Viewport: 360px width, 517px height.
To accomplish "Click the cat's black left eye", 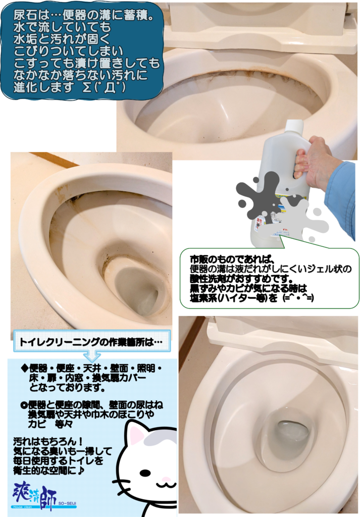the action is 145,473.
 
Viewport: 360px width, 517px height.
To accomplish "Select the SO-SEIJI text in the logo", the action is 67,503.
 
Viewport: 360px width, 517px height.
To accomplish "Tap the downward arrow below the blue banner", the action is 92,356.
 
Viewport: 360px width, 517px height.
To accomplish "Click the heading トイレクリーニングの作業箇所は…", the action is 91,342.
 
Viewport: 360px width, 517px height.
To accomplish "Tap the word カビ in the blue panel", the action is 36,424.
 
